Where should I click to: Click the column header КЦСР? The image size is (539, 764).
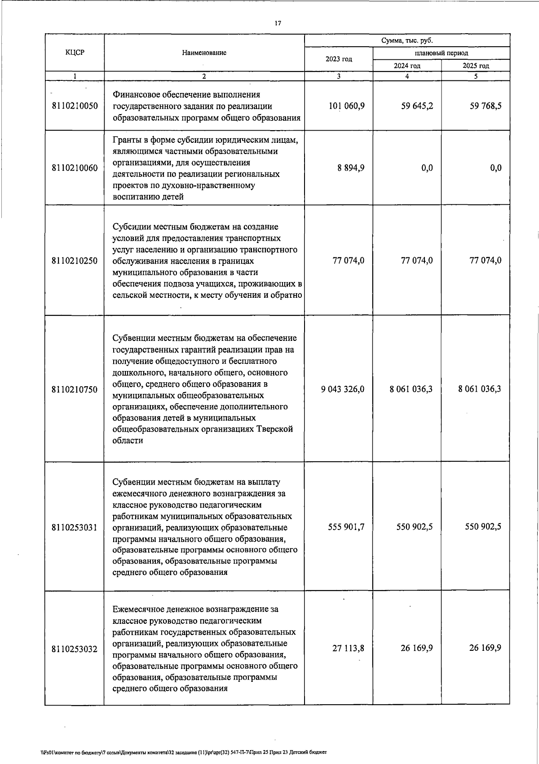click(75, 53)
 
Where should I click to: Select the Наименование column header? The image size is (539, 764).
click(204, 53)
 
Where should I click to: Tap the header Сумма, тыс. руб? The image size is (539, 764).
click(407, 40)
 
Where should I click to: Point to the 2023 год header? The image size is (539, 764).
click(339, 59)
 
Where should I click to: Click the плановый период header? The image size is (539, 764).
click(441, 53)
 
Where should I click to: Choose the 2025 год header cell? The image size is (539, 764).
click(476, 66)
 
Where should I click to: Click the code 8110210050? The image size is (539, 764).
click(75, 106)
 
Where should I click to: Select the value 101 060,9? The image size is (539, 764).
click(346, 106)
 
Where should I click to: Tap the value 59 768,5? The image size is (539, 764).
click(486, 106)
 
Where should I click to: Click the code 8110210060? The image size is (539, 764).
click(75, 168)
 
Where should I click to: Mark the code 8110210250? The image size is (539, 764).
click(75, 261)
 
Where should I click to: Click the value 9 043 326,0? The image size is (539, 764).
click(343, 389)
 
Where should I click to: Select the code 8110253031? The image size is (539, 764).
click(75, 527)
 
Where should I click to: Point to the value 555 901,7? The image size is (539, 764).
click(346, 527)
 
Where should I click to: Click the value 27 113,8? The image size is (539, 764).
click(349, 648)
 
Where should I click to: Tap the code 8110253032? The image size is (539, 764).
click(75, 649)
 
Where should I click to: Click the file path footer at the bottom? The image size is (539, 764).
click(183, 751)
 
